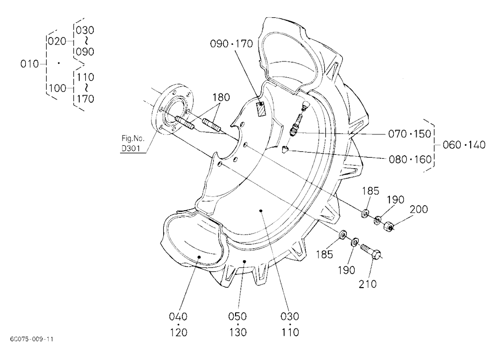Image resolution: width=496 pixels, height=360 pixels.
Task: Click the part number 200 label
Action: tap(419, 209)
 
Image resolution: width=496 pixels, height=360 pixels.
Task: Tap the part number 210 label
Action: tap(368, 284)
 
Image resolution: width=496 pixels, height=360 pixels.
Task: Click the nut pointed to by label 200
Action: tap(388, 226)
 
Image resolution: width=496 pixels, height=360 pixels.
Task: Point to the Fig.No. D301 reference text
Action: tap(133, 143)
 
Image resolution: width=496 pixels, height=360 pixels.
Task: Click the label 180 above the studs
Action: tap(221, 97)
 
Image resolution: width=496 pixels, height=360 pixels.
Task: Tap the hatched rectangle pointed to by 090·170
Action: tap(261, 109)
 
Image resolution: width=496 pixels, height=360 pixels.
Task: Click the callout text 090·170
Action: tap(232, 44)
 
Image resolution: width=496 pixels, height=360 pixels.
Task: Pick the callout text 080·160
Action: tap(410, 159)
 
